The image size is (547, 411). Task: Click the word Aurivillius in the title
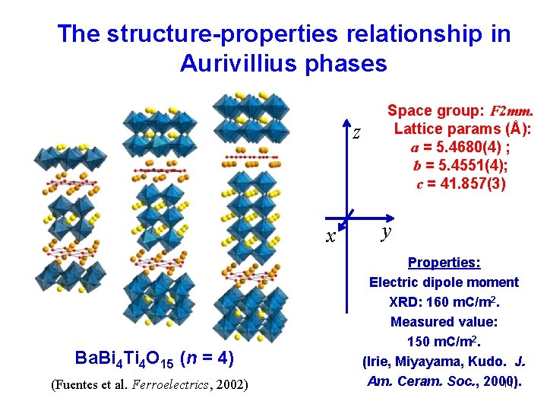(240, 63)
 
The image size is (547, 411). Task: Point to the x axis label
(330, 237)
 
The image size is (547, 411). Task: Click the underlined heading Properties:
(444, 263)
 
